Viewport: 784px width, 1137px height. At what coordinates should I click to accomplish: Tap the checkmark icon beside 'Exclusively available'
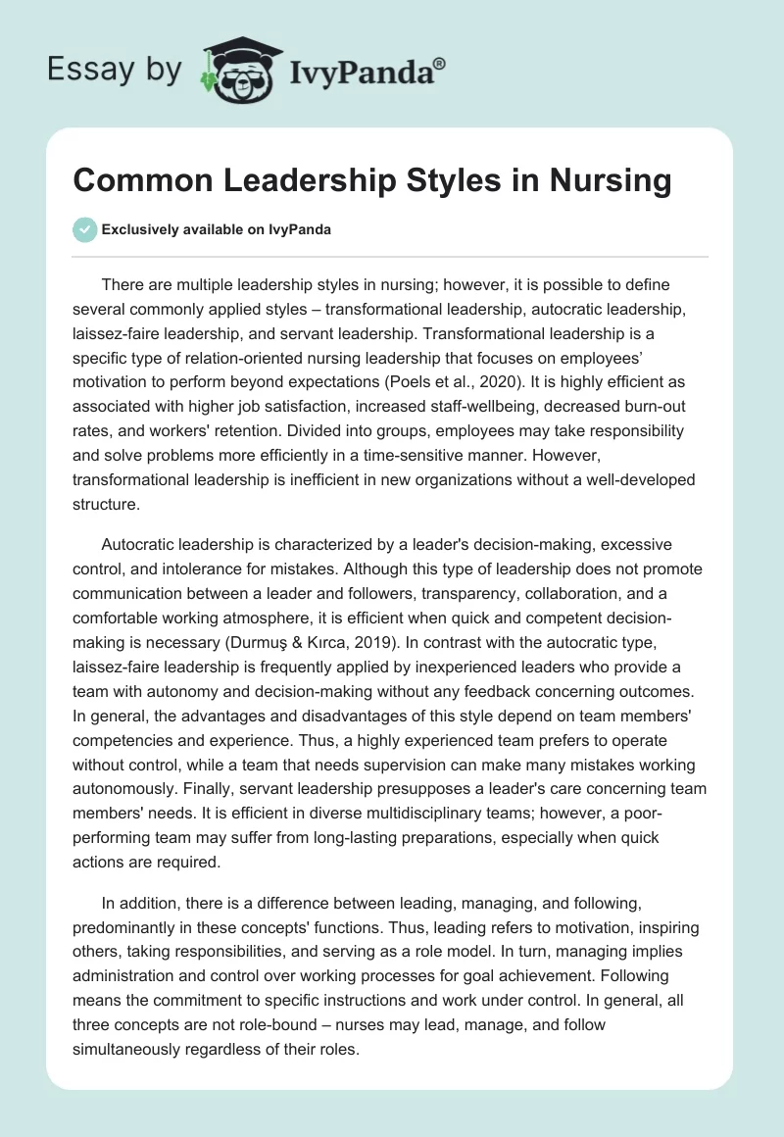[x=84, y=229]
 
